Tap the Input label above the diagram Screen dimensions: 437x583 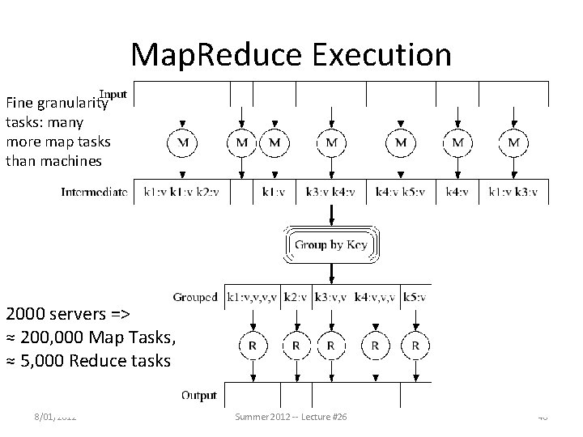pos(113,94)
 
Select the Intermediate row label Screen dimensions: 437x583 pos(94,193)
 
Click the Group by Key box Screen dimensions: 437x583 pos(330,244)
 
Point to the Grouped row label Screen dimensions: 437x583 pos(196,297)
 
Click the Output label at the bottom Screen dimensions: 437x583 pos(198,396)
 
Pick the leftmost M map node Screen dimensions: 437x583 pos(184,143)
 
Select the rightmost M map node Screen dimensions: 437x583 pos(513,143)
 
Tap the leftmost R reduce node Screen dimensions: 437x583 pos(253,346)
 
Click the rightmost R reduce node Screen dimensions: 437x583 pos(415,346)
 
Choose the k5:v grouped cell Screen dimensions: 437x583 pos(417,297)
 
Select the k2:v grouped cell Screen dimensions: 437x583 pos(296,297)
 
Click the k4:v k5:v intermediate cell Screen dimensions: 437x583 pos(401,193)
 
